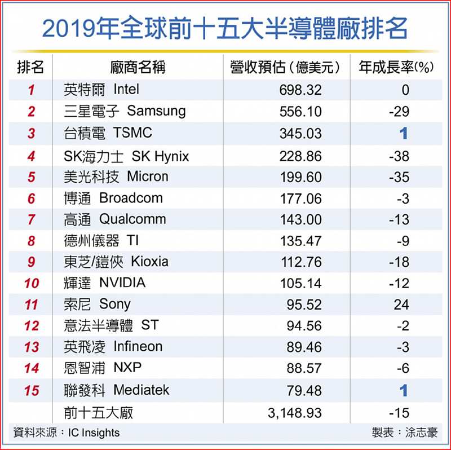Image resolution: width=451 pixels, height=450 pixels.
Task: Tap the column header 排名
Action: tap(31, 68)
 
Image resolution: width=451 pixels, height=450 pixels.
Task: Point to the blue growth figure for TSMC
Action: tap(403, 134)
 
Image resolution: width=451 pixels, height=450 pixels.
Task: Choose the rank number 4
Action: tap(32, 156)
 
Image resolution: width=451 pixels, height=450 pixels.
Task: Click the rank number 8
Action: tap(32, 241)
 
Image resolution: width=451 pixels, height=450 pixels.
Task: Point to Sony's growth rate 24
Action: tap(401, 305)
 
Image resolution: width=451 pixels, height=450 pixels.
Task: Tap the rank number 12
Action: tap(32, 327)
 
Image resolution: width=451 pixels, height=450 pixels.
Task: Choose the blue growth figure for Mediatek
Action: tap(403, 390)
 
